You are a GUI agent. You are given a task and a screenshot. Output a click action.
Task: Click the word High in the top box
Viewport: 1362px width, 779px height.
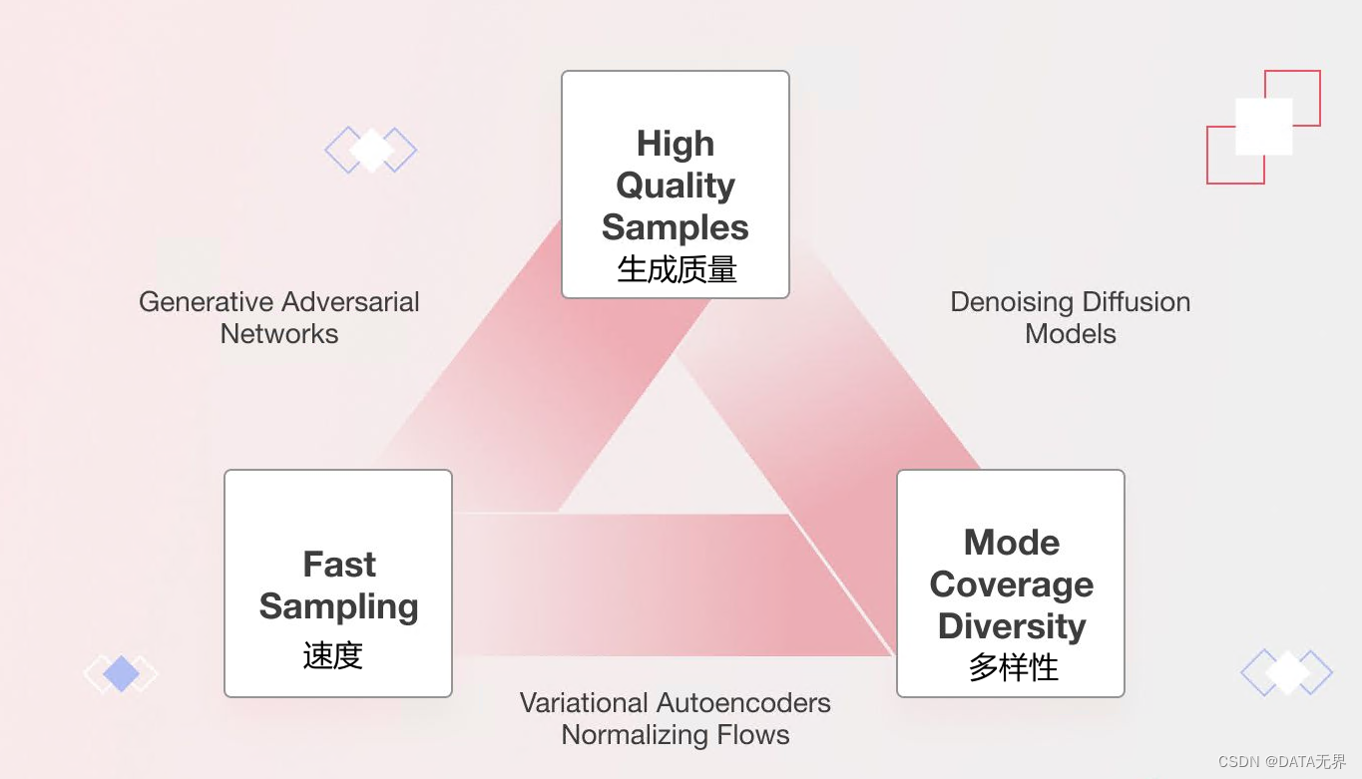pyautogui.click(x=676, y=144)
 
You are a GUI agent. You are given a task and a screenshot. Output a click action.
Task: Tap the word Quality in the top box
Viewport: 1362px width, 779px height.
pyautogui.click(x=676, y=186)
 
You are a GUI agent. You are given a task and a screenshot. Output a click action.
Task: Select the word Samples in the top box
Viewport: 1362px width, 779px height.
pyautogui.click(x=676, y=227)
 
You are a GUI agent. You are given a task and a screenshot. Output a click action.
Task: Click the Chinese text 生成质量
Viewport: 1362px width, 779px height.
pyautogui.click(x=677, y=269)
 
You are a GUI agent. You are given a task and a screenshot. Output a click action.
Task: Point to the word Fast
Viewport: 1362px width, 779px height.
pyautogui.click(x=339, y=565)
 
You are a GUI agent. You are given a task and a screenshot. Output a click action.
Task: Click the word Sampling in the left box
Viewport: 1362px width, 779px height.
pyautogui.click(x=338, y=606)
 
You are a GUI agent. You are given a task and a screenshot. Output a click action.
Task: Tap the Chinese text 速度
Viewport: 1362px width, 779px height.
pyautogui.click(x=332, y=655)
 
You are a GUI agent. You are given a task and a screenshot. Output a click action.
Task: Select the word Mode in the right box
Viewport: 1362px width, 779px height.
pyautogui.click(x=1012, y=543)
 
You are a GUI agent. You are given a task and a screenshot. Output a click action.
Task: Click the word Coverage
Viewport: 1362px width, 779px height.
pyautogui.click(x=1012, y=584)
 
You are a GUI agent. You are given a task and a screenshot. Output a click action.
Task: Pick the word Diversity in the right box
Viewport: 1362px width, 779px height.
pyautogui.click(x=1012, y=626)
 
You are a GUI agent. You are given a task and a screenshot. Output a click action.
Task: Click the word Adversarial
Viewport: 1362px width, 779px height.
pyautogui.click(x=349, y=302)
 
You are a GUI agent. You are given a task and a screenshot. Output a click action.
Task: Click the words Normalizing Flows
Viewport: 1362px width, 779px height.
pyautogui.click(x=676, y=735)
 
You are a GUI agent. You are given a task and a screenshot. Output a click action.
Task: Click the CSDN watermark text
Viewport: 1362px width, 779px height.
pyautogui.click(x=1281, y=762)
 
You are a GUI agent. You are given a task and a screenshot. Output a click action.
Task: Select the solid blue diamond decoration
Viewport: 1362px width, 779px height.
pyautogui.click(x=121, y=674)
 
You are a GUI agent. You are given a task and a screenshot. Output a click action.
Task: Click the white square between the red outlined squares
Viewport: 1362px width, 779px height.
pyautogui.click(x=1263, y=127)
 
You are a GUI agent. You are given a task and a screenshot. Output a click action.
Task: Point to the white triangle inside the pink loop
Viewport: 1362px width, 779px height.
pyautogui.click(x=674, y=449)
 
